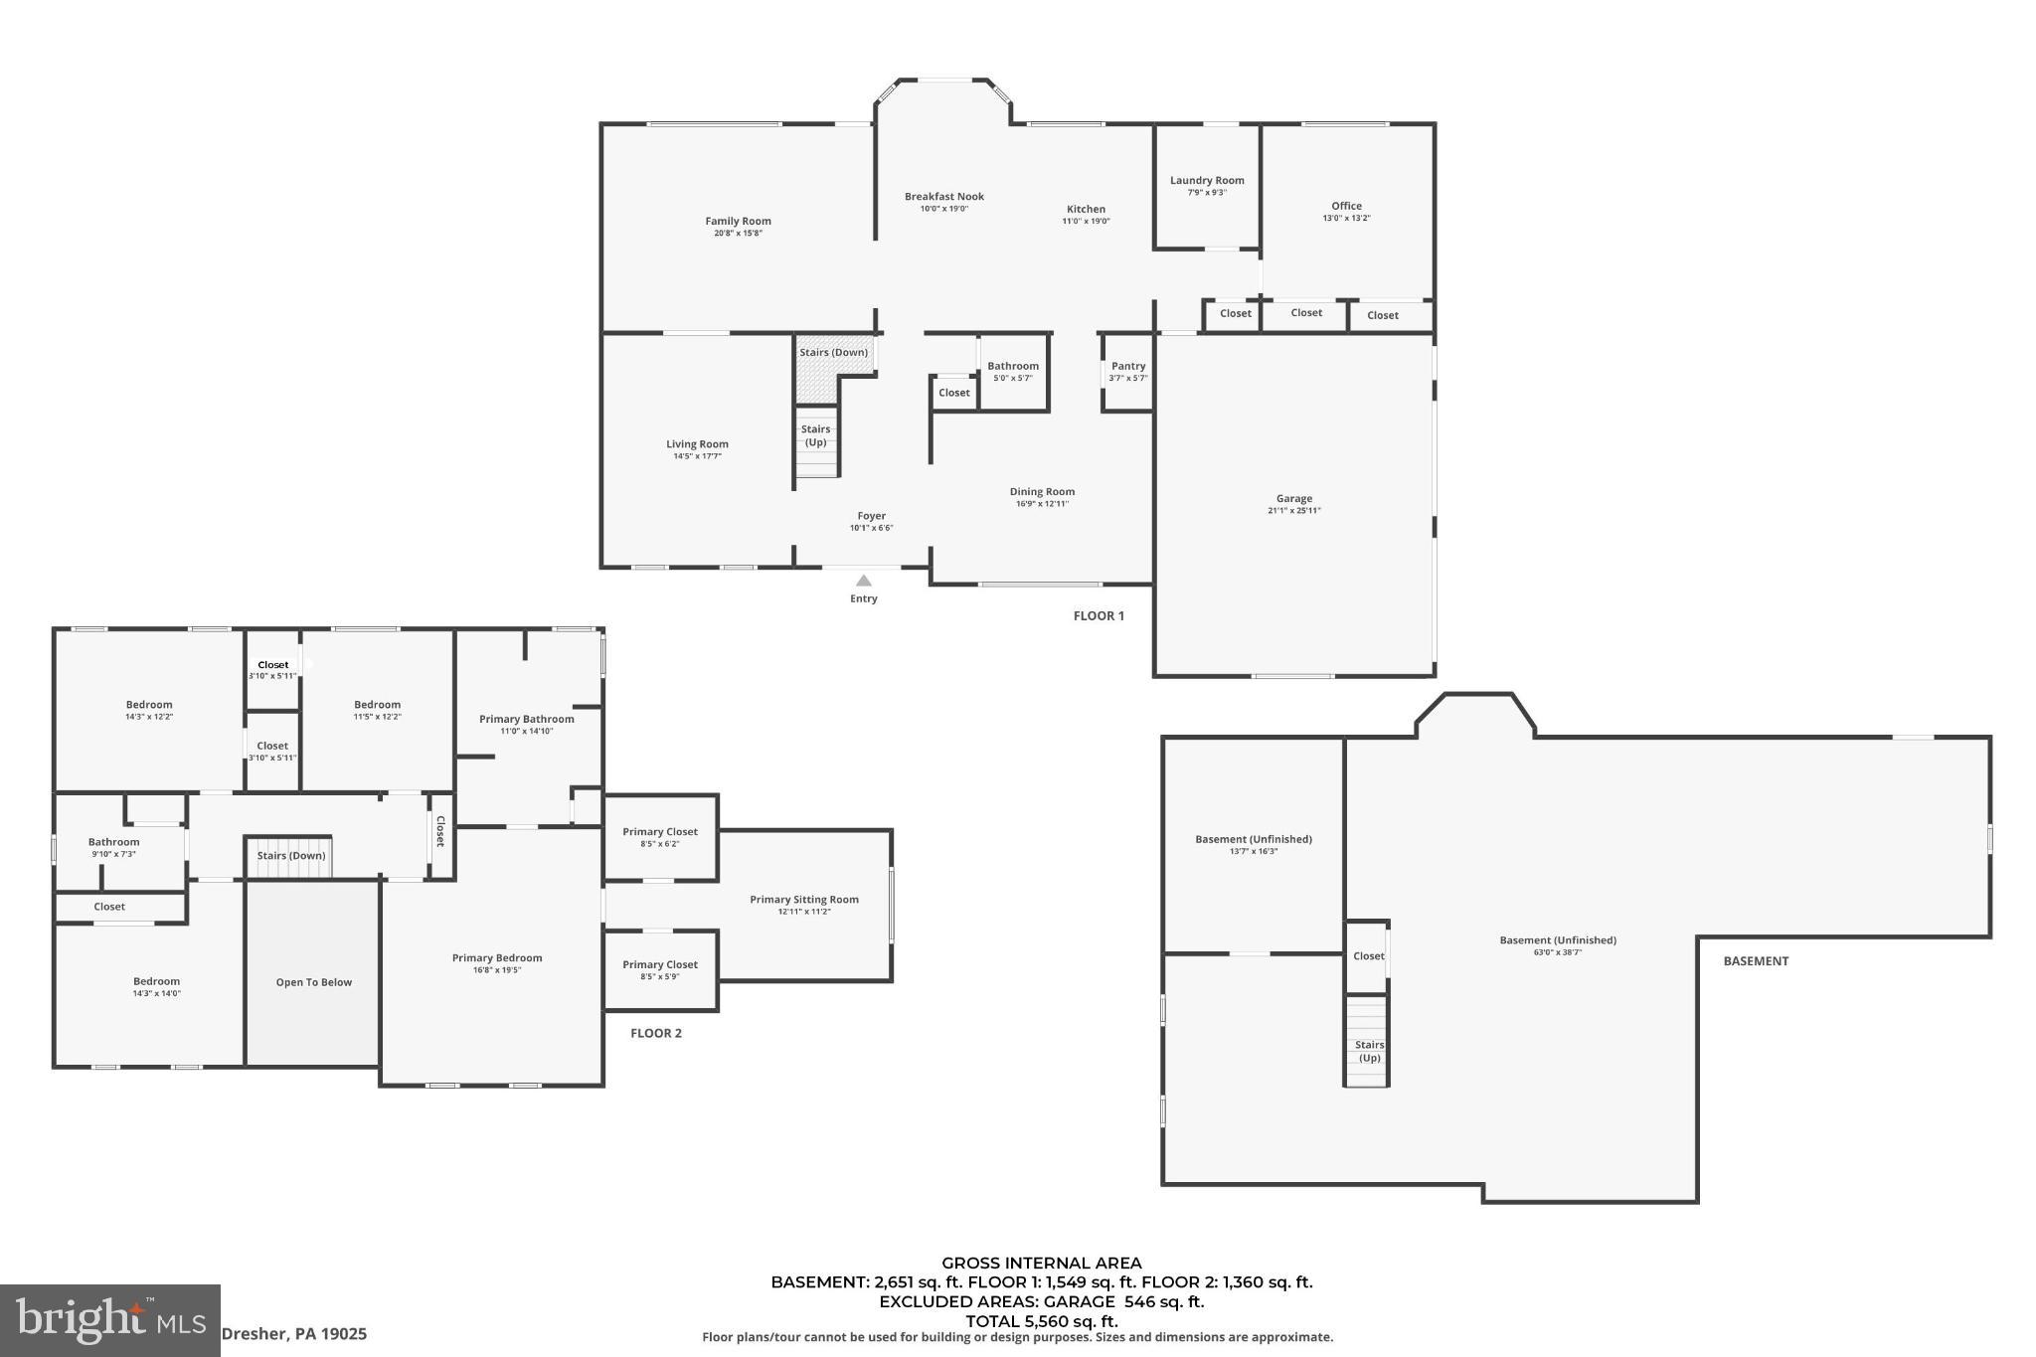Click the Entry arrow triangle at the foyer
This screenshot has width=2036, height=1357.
click(864, 581)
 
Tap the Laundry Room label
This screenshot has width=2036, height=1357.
click(1207, 181)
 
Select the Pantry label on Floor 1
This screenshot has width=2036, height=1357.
click(1128, 367)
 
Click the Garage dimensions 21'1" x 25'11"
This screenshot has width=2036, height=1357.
click(1294, 511)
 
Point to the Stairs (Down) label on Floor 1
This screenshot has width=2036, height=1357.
click(833, 353)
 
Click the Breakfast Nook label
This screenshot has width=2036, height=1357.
click(943, 197)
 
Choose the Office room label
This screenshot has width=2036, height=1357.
click(1346, 207)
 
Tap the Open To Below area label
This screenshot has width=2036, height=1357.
click(314, 982)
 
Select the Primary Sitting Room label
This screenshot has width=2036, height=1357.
click(803, 900)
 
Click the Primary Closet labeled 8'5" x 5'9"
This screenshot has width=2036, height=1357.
click(660, 964)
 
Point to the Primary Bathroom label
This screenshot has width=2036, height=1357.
click(526, 720)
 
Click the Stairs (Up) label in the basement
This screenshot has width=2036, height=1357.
click(1369, 1051)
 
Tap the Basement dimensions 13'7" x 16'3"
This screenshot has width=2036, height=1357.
click(1253, 851)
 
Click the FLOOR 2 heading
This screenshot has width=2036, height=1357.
click(656, 1033)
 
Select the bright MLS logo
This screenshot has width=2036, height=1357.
click(109, 1320)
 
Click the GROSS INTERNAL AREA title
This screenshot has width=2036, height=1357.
click(1041, 1264)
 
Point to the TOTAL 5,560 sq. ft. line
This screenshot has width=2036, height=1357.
click(1041, 1321)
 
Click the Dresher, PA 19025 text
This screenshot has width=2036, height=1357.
click(293, 1334)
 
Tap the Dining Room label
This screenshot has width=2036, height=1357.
click(1042, 492)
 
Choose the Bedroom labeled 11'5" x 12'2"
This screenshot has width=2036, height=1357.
click(377, 705)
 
